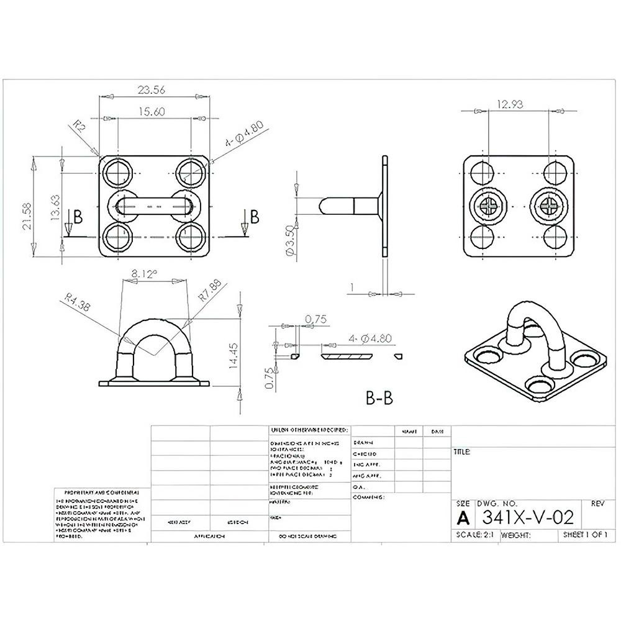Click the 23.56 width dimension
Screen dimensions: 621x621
tap(151, 91)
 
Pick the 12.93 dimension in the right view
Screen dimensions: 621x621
tap(510, 105)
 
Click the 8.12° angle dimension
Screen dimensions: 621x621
tap(144, 273)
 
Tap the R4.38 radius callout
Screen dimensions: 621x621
tap(78, 304)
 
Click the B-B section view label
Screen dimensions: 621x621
tap(379, 397)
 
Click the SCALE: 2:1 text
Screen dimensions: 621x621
tap(474, 535)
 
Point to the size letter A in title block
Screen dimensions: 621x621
tap(463, 518)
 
